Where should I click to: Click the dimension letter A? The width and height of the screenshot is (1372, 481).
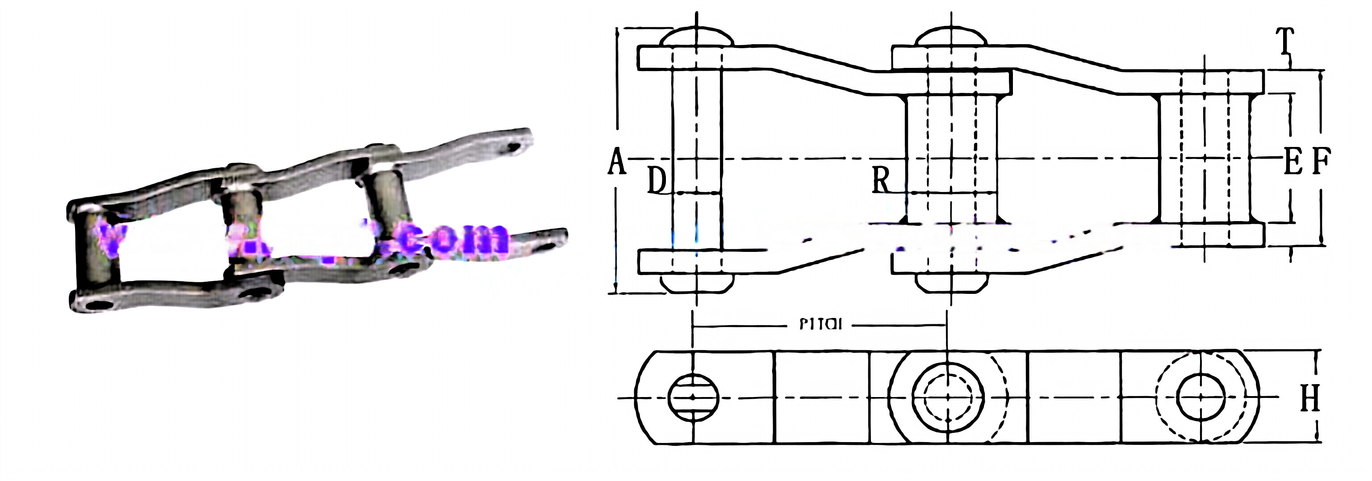click(617, 162)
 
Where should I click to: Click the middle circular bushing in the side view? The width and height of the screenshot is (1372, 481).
click(948, 397)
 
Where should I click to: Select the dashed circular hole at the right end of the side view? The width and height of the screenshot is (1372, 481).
click(1200, 397)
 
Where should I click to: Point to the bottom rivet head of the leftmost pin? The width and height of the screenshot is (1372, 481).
click(697, 284)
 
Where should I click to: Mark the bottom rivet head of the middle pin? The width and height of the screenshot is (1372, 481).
click(951, 284)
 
